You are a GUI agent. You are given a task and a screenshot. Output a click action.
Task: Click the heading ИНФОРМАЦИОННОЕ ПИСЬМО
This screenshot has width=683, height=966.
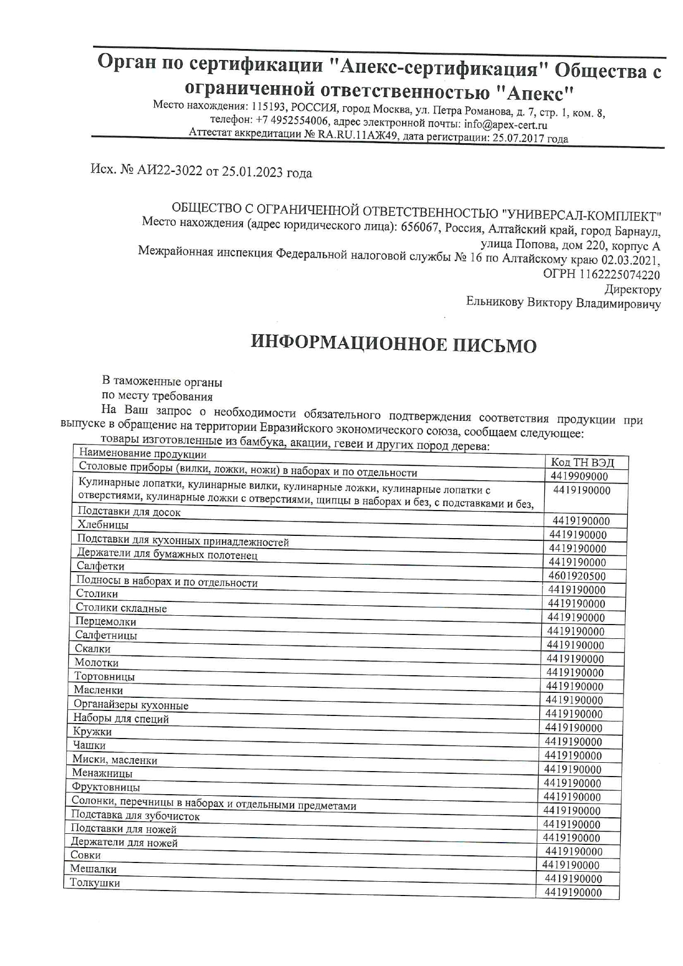tap(393, 344)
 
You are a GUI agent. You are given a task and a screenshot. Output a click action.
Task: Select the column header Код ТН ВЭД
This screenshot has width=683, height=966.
tap(582, 463)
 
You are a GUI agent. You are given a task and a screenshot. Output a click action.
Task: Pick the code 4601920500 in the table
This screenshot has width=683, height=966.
tap(577, 576)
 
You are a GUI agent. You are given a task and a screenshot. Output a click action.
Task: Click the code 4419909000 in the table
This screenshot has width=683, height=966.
tap(579, 476)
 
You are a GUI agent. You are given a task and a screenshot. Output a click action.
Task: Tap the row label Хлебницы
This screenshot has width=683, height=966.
tap(103, 525)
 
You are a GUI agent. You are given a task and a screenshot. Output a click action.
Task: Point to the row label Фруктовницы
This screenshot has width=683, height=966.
tap(106, 788)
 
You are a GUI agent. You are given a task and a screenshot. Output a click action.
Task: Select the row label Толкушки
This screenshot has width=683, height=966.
tap(95, 883)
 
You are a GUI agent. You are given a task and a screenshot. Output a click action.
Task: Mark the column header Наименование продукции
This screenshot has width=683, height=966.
tap(143, 454)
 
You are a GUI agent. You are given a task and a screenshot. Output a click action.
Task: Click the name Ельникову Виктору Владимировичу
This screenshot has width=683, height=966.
tap(563, 303)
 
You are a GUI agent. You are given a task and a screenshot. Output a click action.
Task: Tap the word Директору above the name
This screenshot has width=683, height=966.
tap(632, 289)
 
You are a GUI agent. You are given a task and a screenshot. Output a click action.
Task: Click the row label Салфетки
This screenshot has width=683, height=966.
tap(101, 566)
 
